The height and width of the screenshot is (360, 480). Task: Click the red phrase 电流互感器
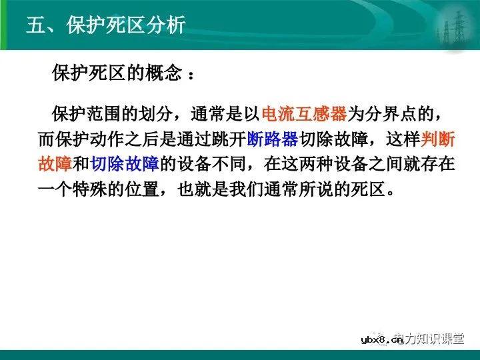click(x=305, y=114)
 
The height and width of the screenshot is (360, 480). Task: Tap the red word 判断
click(x=439, y=139)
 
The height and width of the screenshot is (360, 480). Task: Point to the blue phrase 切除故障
click(x=125, y=164)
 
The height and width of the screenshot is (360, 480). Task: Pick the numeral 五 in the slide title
click(x=35, y=25)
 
